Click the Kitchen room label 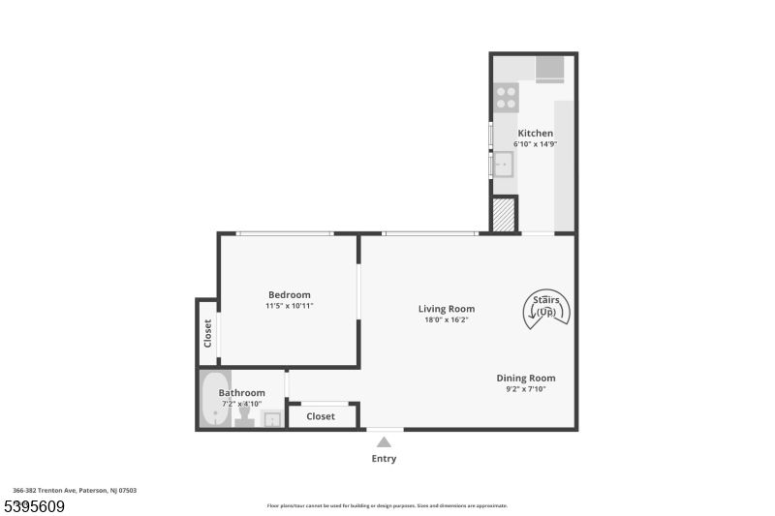[x=535, y=133]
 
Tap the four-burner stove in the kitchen [x=506, y=96]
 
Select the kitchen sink [x=503, y=166]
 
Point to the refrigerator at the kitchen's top [x=549, y=68]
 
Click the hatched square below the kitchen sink [x=504, y=214]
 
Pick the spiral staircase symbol [x=546, y=308]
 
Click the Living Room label [x=447, y=309]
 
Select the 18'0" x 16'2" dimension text [x=447, y=320]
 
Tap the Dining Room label [x=526, y=378]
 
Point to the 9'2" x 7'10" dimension [x=526, y=389]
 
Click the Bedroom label [x=290, y=294]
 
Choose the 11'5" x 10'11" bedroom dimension [x=290, y=306]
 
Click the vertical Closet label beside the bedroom [x=207, y=333]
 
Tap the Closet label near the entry [x=321, y=416]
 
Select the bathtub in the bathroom [x=214, y=400]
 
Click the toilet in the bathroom [x=244, y=417]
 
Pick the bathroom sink [x=272, y=418]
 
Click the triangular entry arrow [x=384, y=441]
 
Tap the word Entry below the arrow [x=384, y=459]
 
